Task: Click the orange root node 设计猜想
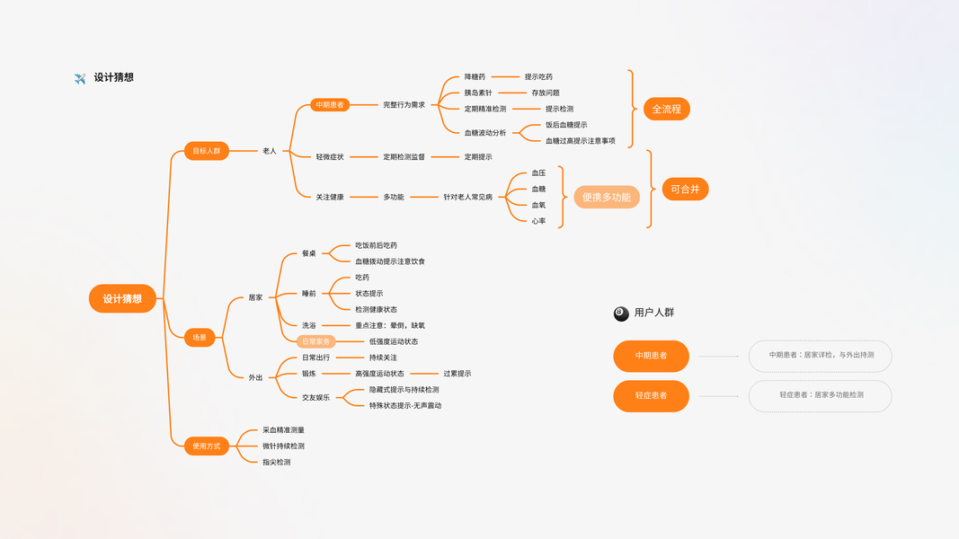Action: click(122, 298)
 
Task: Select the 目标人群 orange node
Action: click(206, 151)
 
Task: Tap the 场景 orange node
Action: click(200, 338)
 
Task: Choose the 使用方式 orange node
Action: click(206, 446)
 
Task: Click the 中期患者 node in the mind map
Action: click(329, 105)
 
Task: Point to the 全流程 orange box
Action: click(666, 109)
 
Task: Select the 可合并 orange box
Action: click(685, 190)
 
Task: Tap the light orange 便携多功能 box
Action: click(607, 197)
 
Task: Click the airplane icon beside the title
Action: click(80, 78)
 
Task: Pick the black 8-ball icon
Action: click(621, 314)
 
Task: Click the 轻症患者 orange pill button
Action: click(651, 395)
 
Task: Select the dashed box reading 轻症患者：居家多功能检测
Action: click(820, 395)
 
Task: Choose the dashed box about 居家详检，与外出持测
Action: click(820, 356)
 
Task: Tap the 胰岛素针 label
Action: click(478, 93)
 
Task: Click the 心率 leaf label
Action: click(538, 221)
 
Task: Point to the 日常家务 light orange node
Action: click(315, 341)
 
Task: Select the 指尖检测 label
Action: click(277, 462)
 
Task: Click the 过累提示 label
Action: click(457, 374)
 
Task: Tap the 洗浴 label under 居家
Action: click(309, 325)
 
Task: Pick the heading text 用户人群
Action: click(654, 313)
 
